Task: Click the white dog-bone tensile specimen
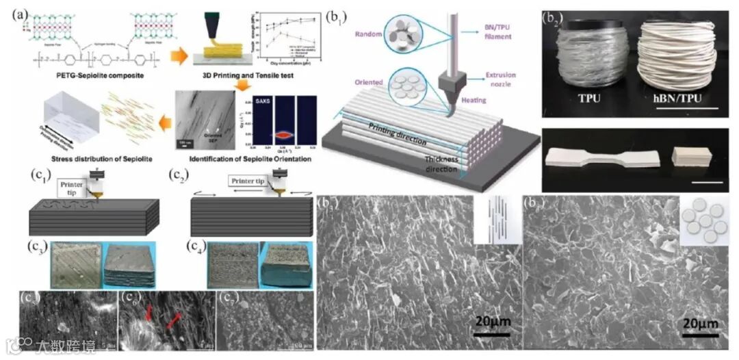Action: coord(603,157)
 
